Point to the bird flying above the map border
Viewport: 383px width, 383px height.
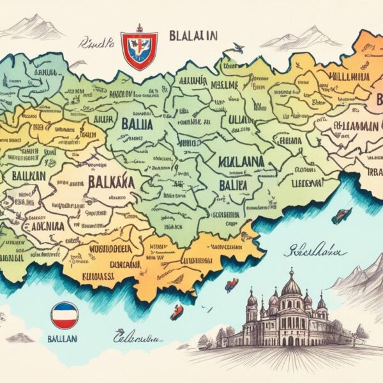point(237,47)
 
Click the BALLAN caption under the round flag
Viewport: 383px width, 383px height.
point(64,339)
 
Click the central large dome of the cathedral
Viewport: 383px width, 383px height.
point(291,287)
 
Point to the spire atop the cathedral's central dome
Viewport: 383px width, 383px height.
point(291,270)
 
